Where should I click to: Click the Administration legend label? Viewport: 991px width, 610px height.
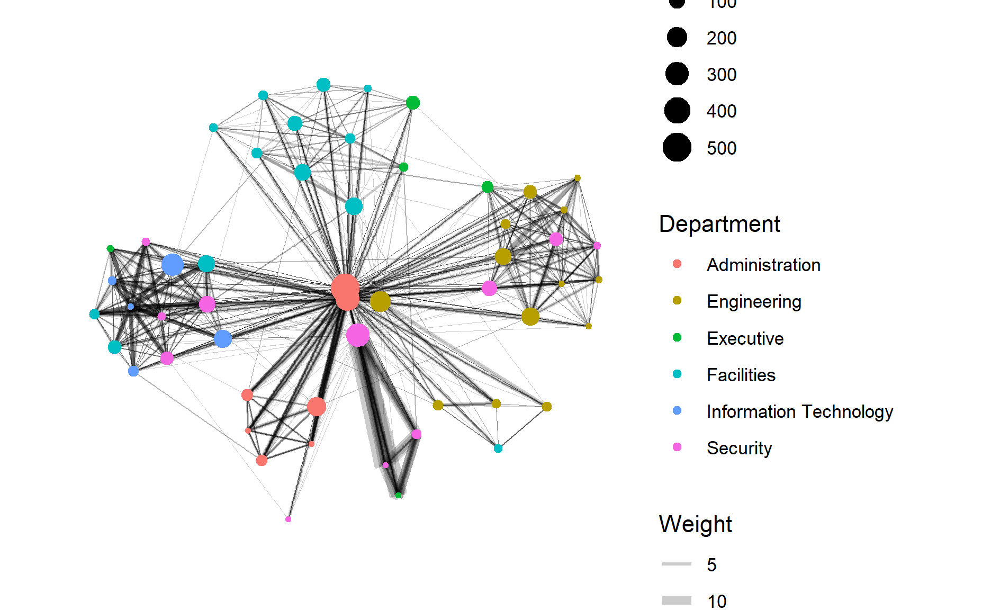[x=763, y=265]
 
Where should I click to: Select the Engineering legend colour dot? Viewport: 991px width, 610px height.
[x=677, y=301]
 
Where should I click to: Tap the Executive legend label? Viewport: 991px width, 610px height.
[x=745, y=338]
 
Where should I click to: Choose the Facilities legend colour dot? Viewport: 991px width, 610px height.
[x=677, y=374]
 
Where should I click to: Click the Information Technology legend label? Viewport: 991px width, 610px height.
[x=799, y=411]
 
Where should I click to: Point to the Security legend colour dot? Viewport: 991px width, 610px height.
[x=677, y=447]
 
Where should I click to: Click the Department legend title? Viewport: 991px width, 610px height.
[x=719, y=224]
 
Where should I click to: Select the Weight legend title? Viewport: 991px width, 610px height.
[x=695, y=524]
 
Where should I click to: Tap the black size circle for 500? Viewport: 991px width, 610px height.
[x=677, y=147]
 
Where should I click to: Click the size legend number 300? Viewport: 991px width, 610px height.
[x=721, y=75]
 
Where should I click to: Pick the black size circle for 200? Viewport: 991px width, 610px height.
[x=677, y=37]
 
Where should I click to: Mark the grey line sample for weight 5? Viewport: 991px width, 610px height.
[x=677, y=564]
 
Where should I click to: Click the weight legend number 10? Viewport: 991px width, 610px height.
[x=717, y=602]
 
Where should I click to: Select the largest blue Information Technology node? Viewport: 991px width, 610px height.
[x=172, y=264]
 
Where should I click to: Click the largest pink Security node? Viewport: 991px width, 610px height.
[x=358, y=335]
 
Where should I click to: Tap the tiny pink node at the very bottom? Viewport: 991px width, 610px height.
[x=288, y=519]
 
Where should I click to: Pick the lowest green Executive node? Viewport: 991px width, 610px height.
[x=398, y=495]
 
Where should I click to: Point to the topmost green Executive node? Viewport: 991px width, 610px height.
[x=413, y=103]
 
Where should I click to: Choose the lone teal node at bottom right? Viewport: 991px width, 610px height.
[x=498, y=448]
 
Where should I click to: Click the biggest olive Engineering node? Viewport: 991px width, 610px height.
[x=380, y=301]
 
